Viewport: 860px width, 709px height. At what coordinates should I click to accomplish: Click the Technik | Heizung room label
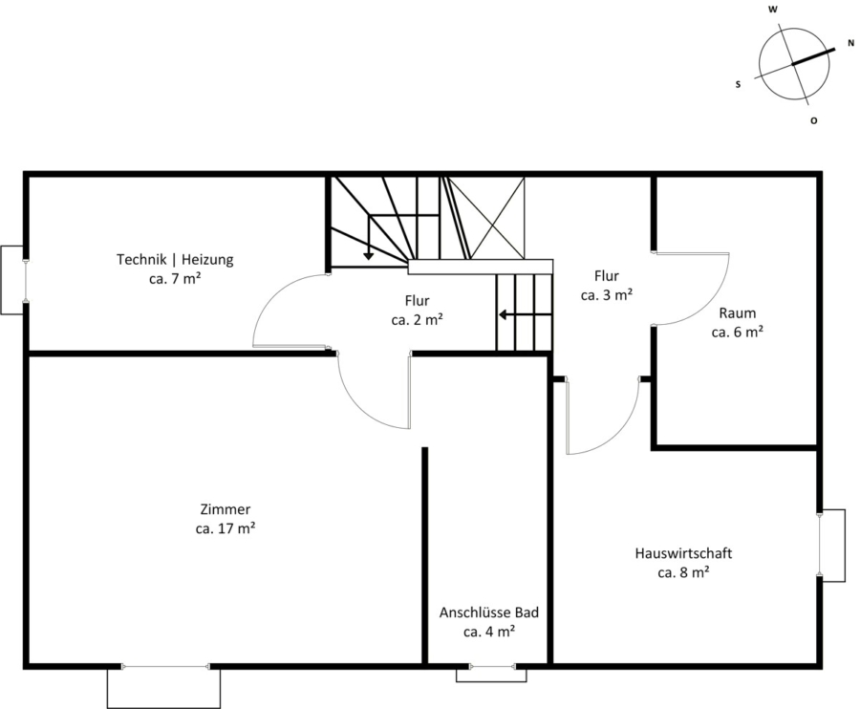coord(175,259)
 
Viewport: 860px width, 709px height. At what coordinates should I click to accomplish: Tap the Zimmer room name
coord(226,509)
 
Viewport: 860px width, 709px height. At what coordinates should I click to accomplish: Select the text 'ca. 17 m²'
coord(226,528)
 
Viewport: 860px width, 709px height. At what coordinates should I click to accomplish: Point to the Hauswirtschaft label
coord(683,553)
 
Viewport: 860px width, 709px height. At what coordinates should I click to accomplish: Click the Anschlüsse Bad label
coord(489,612)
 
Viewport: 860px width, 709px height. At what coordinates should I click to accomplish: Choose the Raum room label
coord(738,313)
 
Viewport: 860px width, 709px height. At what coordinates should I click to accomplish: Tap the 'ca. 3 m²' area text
coord(607,295)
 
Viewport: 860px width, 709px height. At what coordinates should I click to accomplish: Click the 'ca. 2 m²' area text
coord(418,320)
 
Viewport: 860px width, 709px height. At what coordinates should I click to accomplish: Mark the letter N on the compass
coord(850,43)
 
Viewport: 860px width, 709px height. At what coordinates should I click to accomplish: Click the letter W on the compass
coord(773,10)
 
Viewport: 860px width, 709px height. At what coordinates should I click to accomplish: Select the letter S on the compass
coord(739,84)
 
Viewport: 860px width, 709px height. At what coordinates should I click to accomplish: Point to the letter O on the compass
coord(814,120)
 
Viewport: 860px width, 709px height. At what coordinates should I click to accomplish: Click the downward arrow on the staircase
coord(369,236)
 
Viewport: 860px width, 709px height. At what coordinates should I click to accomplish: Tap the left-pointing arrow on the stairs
coord(525,314)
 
